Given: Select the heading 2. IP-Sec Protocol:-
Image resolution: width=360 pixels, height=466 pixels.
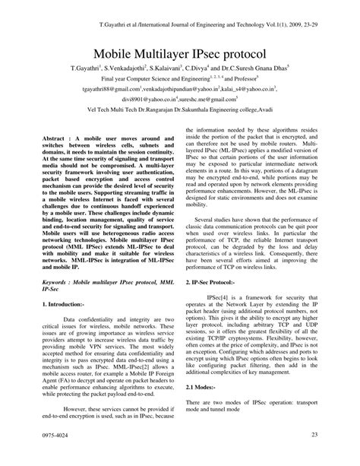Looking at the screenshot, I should pyautogui.click(x=215, y=281).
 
